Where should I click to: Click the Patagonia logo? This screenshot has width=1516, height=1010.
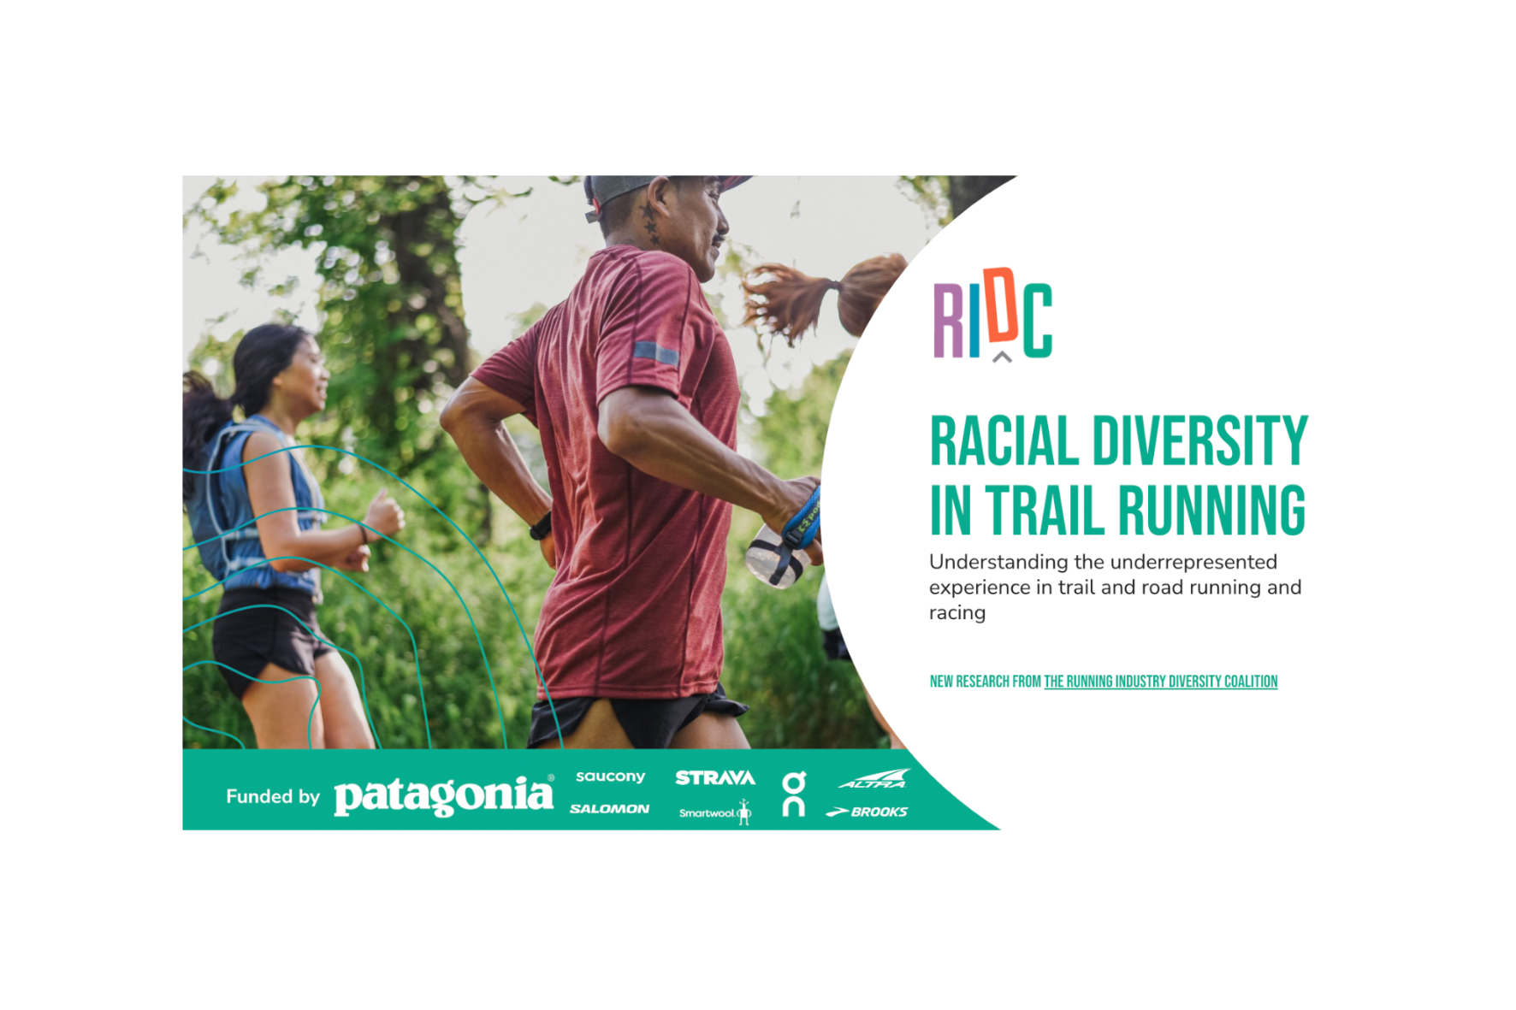coord(443,795)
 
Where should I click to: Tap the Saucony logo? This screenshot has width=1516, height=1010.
coord(610,777)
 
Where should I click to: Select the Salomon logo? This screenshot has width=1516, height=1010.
coord(609,808)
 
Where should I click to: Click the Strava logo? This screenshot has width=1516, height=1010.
coord(715,777)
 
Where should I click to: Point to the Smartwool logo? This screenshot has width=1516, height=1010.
coord(714,812)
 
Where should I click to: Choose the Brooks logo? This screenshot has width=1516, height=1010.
coord(867,812)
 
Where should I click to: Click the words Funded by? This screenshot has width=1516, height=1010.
coord(273,796)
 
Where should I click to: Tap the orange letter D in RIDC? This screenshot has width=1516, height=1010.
coord(1001,304)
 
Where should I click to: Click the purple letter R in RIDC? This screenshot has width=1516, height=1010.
coord(949,321)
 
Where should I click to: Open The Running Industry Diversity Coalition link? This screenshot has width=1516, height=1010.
coord(1160,682)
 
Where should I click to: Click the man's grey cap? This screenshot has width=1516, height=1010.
coord(633,188)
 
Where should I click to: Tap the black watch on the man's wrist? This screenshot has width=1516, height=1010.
coord(542,525)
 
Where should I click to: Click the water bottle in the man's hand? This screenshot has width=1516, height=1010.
coord(776,557)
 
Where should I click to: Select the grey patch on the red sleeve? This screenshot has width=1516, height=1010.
coord(655,351)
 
